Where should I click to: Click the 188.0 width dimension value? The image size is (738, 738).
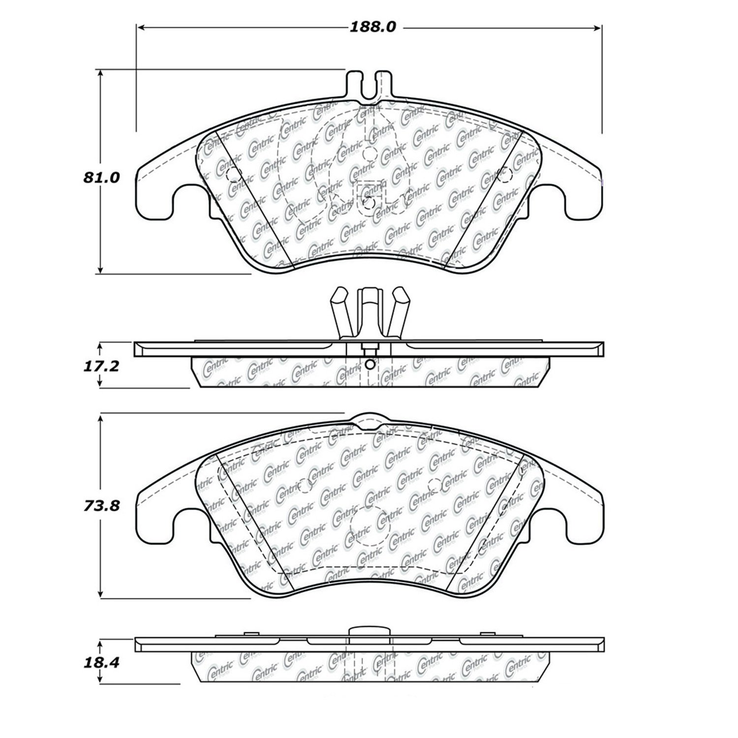(x=372, y=27)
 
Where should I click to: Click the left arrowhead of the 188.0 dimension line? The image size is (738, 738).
(x=140, y=28)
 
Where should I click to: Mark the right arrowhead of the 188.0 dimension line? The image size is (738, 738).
(x=599, y=28)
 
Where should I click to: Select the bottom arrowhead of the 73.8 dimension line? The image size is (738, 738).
(x=101, y=594)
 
